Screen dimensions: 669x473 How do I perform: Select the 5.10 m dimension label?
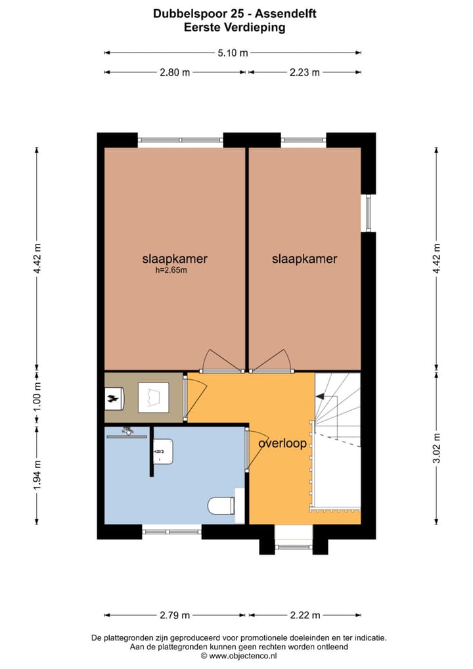point(233,53)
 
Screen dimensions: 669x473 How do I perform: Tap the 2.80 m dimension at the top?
point(174,72)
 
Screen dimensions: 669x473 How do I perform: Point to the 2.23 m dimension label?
point(304,72)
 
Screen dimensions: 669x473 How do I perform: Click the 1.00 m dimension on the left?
point(37,397)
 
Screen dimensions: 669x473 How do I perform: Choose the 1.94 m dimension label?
point(37,474)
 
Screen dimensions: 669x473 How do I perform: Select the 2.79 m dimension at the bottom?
point(174,615)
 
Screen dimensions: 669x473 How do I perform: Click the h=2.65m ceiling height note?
point(171,270)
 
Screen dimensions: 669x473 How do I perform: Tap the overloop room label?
point(282,444)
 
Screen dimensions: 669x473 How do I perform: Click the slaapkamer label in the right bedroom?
point(304,259)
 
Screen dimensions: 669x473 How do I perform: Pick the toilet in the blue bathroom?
point(220,505)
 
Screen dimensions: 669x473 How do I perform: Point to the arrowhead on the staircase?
point(320,396)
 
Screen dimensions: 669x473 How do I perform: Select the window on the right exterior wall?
point(368,213)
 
